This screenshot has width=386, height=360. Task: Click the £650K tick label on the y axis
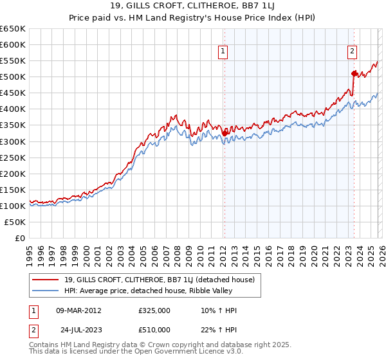click(13, 29)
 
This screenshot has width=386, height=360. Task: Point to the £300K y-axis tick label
click(13, 141)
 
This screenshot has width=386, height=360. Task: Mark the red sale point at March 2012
click(225, 133)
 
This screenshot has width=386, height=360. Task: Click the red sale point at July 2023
click(354, 73)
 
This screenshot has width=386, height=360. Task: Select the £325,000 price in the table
click(154, 310)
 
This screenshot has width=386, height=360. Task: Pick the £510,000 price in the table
click(154, 330)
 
